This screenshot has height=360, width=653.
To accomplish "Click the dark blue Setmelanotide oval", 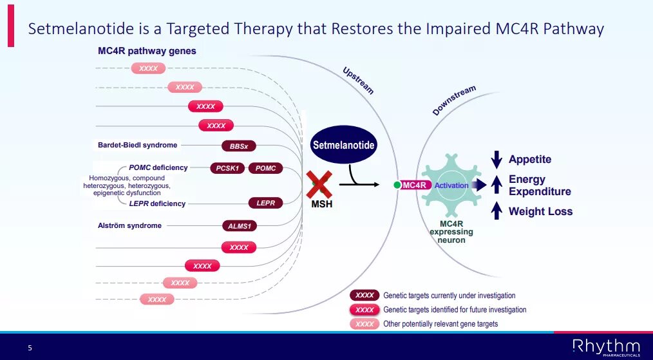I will coord(343,145).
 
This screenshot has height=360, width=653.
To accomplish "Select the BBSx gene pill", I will coord(239,146).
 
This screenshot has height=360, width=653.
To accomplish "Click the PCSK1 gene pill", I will coord(227,168).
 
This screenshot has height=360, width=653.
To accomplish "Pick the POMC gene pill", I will coord(265,168).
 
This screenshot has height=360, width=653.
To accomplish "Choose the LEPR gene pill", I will coord(265,203).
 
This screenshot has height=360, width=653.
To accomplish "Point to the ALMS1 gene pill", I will coord(239,225).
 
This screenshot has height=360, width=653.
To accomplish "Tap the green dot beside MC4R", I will coord(397,185).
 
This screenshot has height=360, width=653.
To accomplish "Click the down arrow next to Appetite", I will coord(496,159).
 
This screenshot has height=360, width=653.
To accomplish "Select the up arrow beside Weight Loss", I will coord(496,211).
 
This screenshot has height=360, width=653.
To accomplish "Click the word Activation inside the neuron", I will coord(451,185).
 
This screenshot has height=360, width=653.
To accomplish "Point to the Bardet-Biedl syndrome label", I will coord(137,145).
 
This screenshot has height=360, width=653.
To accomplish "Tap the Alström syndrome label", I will coord(129,225).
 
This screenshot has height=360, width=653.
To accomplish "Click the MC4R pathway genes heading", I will coord(147,50).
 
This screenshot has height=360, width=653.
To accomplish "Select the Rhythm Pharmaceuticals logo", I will coord(606,346).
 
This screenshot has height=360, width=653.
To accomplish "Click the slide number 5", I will coord(30,348).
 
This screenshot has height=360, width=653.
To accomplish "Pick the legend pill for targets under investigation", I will coord(364,296).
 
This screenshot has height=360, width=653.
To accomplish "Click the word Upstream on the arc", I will coord(358,81).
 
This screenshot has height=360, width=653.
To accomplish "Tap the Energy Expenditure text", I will coord(540,185).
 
